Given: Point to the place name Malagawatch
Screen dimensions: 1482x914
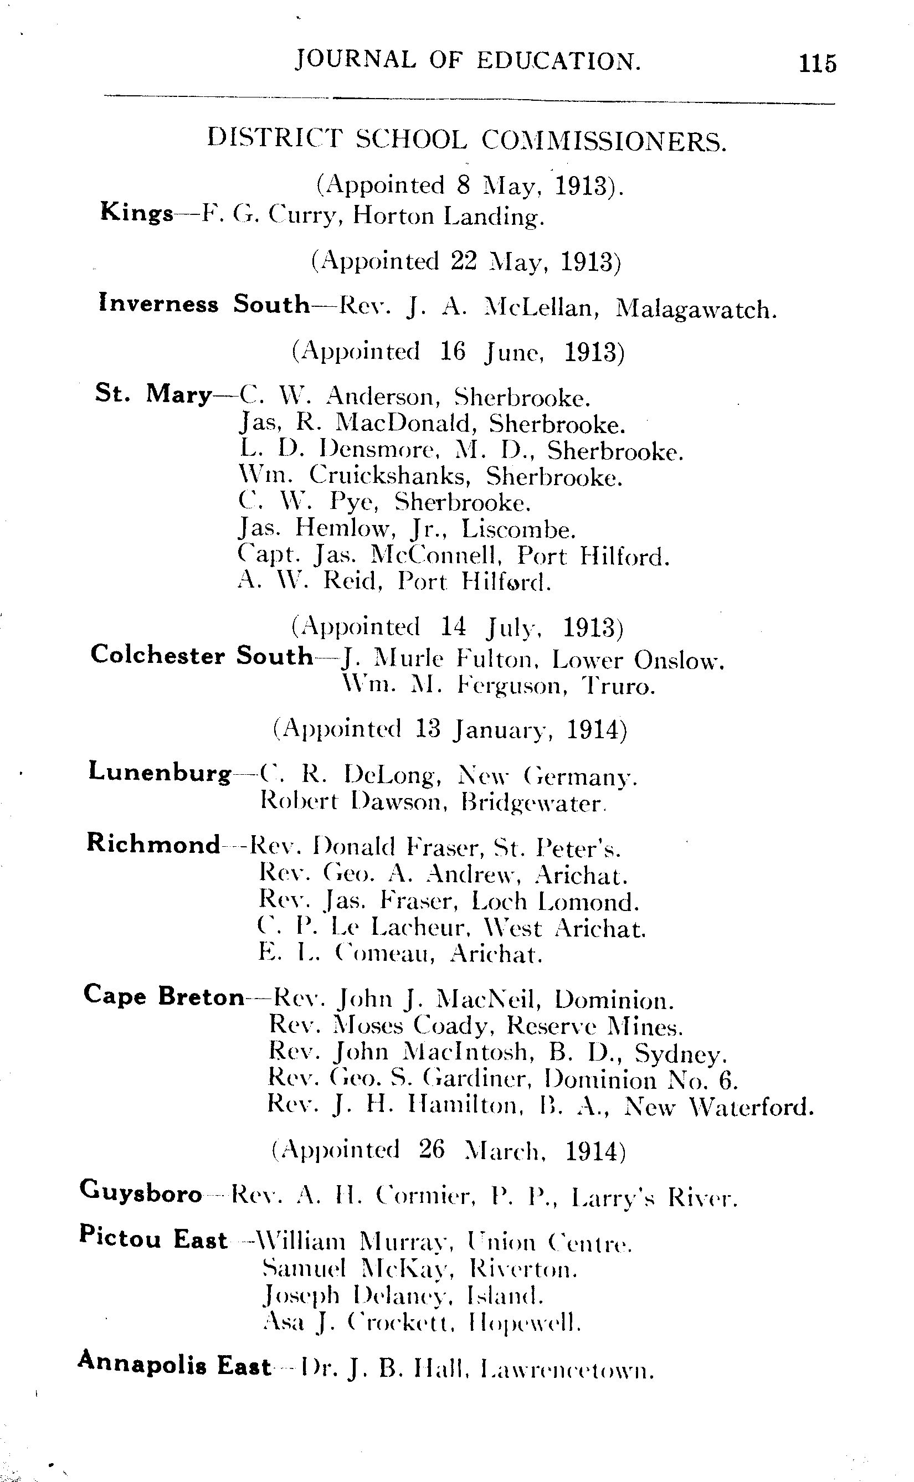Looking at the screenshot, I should click(695, 310).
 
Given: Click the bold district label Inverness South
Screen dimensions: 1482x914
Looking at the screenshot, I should click(204, 304).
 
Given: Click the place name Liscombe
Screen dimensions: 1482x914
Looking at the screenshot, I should click(518, 529).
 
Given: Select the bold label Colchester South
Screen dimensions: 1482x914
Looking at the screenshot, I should click(202, 656).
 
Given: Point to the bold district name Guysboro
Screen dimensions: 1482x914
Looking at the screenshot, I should click(141, 1192).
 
